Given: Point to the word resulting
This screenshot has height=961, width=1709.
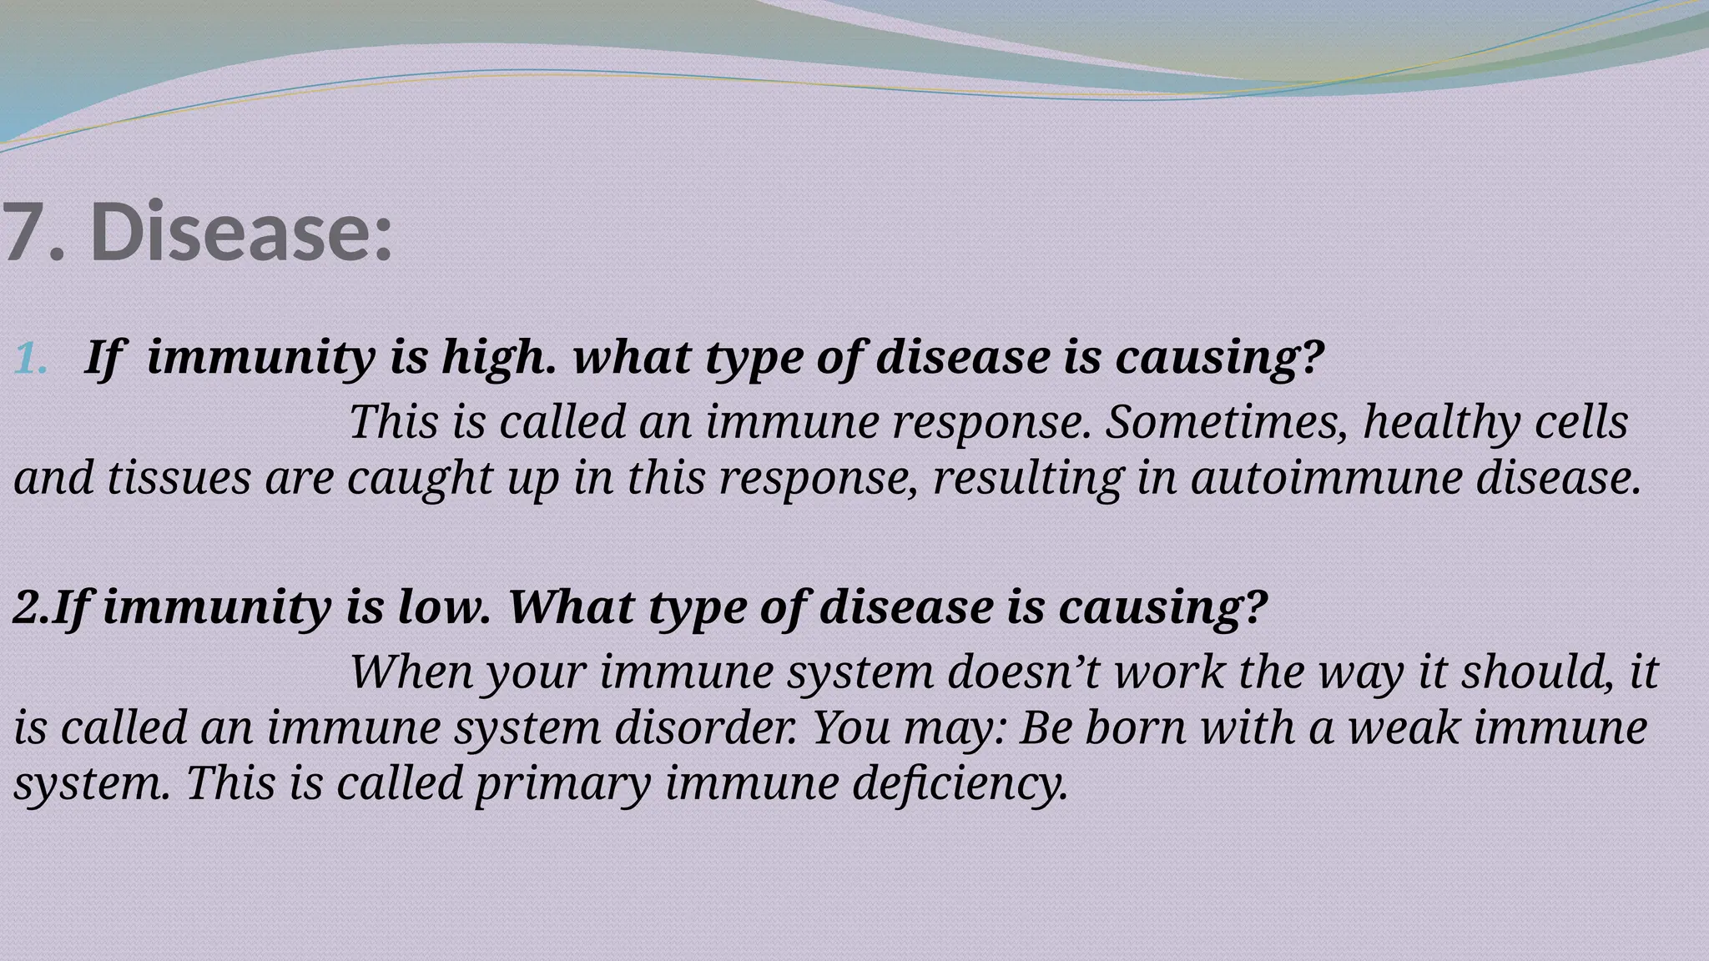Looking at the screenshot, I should [1027, 480].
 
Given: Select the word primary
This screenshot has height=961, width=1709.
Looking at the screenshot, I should [563, 785].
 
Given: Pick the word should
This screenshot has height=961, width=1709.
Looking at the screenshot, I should [1536, 672].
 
